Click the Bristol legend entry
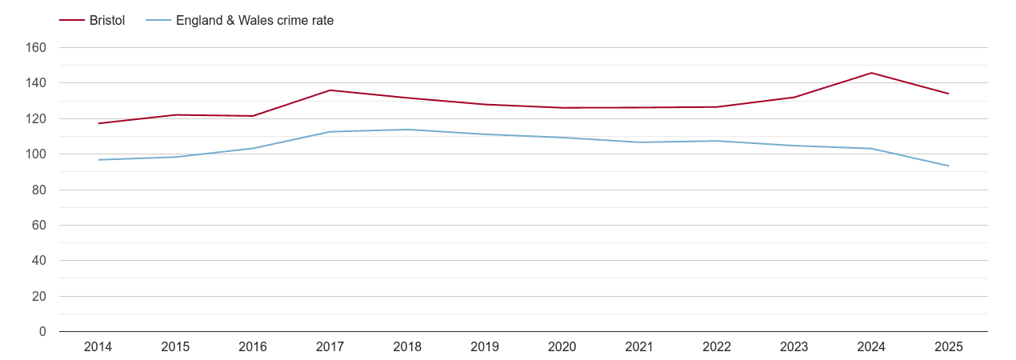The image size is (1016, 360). click(106, 21)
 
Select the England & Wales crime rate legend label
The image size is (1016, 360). click(254, 21)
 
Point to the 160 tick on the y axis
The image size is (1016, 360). click(36, 48)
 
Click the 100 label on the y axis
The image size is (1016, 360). click(36, 154)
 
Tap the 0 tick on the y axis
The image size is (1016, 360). click(42, 332)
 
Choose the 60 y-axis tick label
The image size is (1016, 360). click(39, 226)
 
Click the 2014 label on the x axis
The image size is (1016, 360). click(98, 347)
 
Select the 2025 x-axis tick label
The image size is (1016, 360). click(949, 347)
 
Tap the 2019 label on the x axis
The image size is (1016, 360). click(485, 347)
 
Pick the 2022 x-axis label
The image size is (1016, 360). click(717, 347)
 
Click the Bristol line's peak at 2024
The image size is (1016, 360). click(871, 73)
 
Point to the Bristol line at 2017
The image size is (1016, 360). click(330, 90)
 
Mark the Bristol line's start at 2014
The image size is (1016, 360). click(98, 123)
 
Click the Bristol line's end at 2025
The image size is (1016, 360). click(949, 94)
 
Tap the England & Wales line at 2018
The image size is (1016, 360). click(407, 130)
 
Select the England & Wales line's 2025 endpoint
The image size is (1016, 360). click(949, 166)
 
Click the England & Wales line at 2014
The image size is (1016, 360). click(98, 160)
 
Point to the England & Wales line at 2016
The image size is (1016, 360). click(253, 148)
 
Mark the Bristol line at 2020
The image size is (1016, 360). click(562, 108)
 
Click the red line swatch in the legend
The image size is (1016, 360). click(72, 21)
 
